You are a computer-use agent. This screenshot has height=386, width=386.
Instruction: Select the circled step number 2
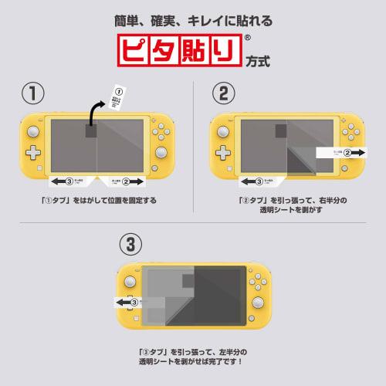(x=222, y=93)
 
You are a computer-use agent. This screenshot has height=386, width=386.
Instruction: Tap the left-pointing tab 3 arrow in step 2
(x=259, y=182)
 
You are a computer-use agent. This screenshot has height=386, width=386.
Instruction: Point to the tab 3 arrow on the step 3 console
(x=127, y=302)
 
